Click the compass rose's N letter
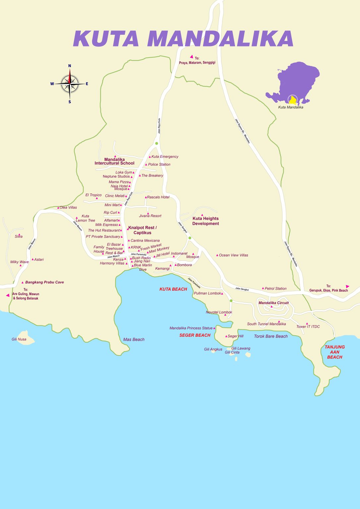(70, 66)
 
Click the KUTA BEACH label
(173, 289)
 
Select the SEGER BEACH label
(195, 335)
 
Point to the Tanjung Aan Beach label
(334, 352)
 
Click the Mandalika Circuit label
(273, 303)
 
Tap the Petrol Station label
(275, 289)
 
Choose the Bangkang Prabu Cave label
(44, 282)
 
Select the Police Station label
(159, 164)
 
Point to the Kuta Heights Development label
(206, 221)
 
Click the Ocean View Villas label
(233, 255)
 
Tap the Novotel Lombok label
(219, 312)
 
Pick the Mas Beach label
(134, 339)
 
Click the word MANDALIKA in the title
(220, 39)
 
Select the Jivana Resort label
(150, 216)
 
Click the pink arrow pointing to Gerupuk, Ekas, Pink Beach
(347, 286)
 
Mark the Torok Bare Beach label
(270, 336)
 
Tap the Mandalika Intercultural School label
(114, 161)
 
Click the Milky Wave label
(19, 262)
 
